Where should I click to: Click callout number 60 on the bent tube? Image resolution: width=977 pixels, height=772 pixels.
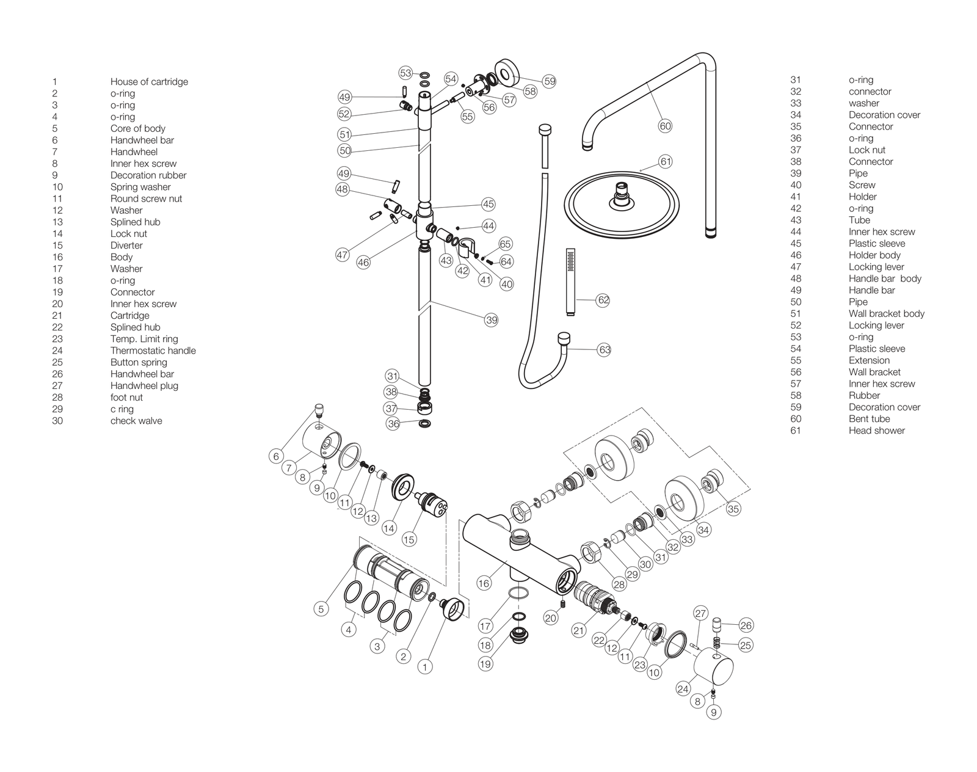[664, 126]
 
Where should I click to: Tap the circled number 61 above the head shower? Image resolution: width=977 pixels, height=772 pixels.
[666, 161]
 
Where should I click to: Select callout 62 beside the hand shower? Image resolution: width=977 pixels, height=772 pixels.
[603, 300]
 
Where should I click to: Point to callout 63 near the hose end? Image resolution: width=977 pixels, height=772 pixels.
[605, 350]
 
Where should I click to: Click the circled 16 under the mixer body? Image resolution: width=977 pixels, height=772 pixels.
[484, 583]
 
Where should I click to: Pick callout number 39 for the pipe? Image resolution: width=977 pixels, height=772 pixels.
[491, 320]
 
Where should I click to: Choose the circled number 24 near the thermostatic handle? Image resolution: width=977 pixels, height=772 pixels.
[683, 689]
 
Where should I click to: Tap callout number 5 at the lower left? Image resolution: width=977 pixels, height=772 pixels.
[321, 609]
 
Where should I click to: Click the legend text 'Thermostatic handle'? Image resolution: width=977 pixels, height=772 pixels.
[153, 351]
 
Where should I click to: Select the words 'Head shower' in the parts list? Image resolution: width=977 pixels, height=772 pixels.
[877, 431]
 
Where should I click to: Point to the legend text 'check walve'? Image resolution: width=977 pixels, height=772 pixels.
[136, 421]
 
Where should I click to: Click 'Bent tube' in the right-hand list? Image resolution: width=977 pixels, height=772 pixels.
[869, 419]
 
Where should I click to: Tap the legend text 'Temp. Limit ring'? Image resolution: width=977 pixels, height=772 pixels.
[144, 339]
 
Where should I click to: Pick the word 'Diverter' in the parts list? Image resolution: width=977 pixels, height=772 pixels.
[126, 246]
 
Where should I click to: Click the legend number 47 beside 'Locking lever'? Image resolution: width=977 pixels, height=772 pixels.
[796, 267]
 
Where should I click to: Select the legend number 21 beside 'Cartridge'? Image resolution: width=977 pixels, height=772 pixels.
[57, 316]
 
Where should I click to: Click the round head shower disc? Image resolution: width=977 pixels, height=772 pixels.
[622, 204]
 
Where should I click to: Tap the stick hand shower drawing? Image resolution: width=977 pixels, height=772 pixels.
[571, 282]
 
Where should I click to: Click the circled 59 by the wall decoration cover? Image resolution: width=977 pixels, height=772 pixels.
[550, 81]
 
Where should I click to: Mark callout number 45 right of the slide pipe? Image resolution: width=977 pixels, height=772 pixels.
[488, 204]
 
